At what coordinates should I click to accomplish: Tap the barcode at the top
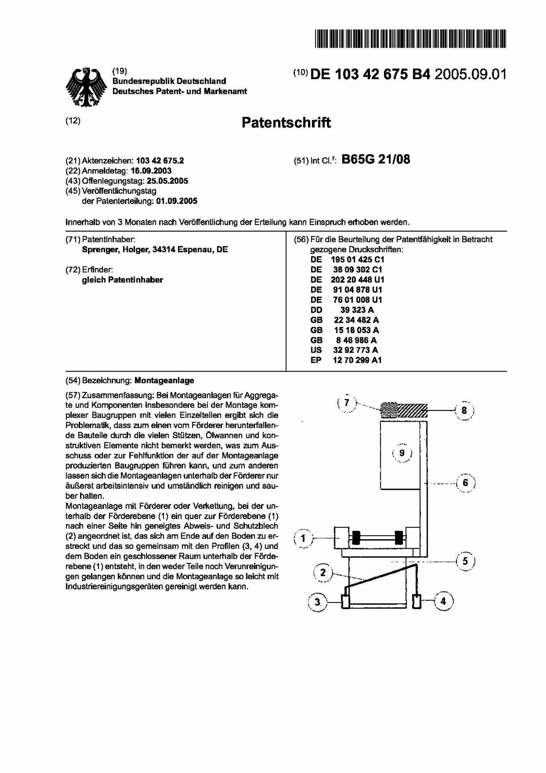click(x=410, y=38)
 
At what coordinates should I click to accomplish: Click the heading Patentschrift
click(x=286, y=122)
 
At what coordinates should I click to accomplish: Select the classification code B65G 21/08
click(x=375, y=159)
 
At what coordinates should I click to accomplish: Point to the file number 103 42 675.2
click(x=160, y=161)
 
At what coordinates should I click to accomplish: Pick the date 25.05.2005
click(x=167, y=181)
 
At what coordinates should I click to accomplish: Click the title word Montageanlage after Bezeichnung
click(x=164, y=380)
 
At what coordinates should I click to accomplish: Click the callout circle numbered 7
click(x=347, y=403)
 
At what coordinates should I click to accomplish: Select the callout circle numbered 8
click(x=464, y=411)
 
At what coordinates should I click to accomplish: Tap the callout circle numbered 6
click(x=465, y=483)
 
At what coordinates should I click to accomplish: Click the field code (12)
click(x=73, y=121)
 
